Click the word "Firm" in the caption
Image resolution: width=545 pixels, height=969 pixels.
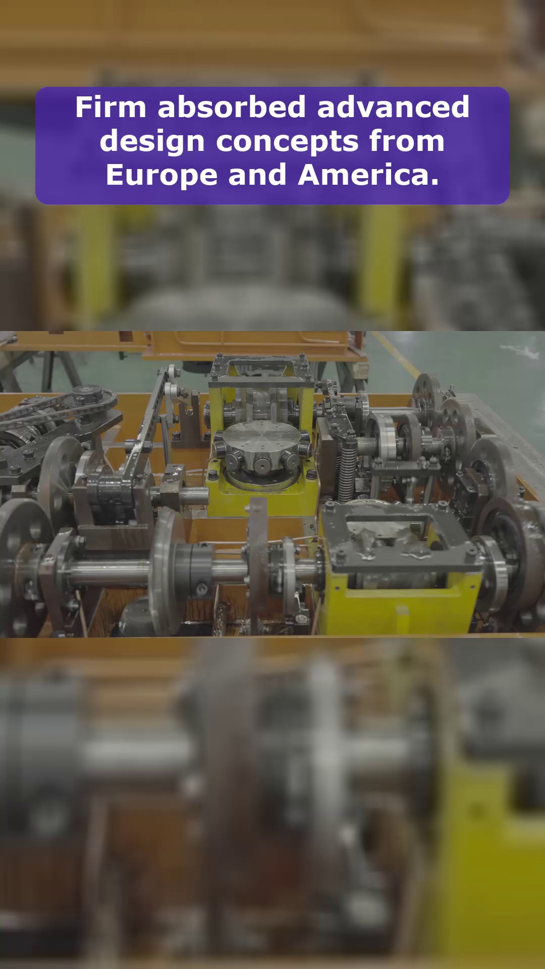111,107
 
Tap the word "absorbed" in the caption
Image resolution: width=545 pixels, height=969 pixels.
232,107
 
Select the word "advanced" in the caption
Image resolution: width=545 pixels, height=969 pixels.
394,107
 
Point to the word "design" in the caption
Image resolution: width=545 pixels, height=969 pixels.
152,142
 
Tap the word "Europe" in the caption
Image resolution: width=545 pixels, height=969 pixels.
161,176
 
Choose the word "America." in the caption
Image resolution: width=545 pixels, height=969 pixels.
368,175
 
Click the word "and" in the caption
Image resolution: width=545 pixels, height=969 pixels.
257,175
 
